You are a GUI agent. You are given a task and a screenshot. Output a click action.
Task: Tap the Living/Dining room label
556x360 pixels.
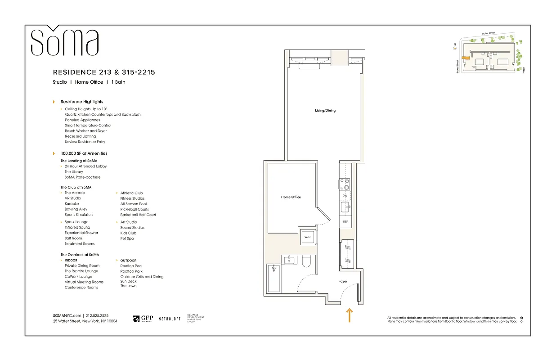click(325, 110)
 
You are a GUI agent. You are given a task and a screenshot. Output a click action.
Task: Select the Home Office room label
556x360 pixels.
click(291, 197)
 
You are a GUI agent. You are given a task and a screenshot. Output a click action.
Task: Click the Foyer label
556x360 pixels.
click(343, 281)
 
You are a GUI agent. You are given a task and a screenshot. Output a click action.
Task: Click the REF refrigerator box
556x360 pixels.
click(345, 221)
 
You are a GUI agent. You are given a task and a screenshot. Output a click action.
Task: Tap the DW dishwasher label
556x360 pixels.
click(345, 196)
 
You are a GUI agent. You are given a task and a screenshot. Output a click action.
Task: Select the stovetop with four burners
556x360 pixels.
click(345, 184)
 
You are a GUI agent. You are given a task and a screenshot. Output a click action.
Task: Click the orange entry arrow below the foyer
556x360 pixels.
click(349, 315)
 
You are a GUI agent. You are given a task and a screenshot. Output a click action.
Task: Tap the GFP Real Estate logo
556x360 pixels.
click(143, 319)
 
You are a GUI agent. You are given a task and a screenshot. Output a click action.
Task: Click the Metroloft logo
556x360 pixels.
click(170, 319)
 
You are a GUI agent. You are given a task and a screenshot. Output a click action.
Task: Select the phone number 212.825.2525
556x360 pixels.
click(97, 316)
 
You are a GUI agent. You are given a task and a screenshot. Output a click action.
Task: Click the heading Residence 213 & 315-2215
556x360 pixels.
click(104, 72)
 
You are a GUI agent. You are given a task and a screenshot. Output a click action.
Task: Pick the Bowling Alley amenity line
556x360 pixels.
click(76, 209)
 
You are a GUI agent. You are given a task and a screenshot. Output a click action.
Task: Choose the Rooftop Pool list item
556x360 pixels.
click(131, 266)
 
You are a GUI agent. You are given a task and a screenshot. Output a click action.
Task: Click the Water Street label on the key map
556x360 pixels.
click(488, 33)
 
